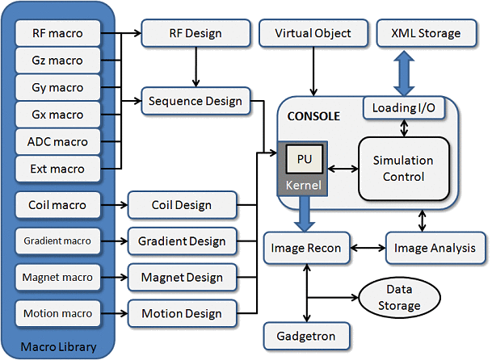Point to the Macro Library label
click(60, 348)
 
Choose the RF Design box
click(194, 34)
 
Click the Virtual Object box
click(311, 34)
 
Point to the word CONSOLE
click(313, 116)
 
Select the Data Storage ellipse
click(394, 296)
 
